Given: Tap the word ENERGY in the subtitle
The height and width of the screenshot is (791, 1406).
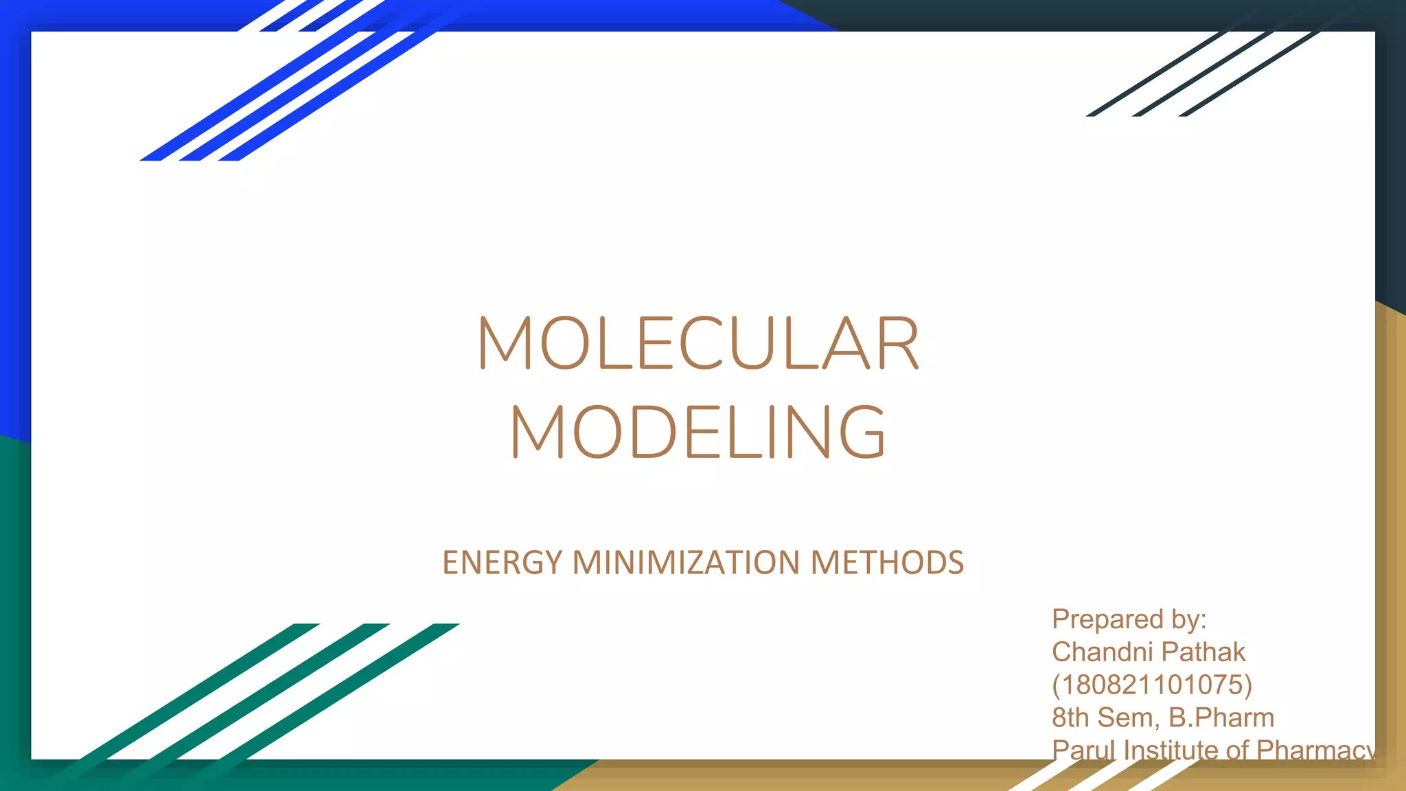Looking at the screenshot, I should coord(503,562).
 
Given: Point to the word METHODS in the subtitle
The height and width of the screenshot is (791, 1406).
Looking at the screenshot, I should coord(887,562).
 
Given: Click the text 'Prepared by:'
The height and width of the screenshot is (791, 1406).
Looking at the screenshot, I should coord(1129,619).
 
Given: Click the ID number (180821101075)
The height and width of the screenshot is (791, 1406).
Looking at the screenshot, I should coord(1152,685).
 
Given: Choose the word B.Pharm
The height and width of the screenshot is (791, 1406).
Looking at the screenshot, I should coord(1221,718).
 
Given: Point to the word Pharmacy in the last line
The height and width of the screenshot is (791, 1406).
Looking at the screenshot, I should coord(1315,750).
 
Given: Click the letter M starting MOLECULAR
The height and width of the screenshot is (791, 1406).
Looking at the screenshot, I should coord(505,343).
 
